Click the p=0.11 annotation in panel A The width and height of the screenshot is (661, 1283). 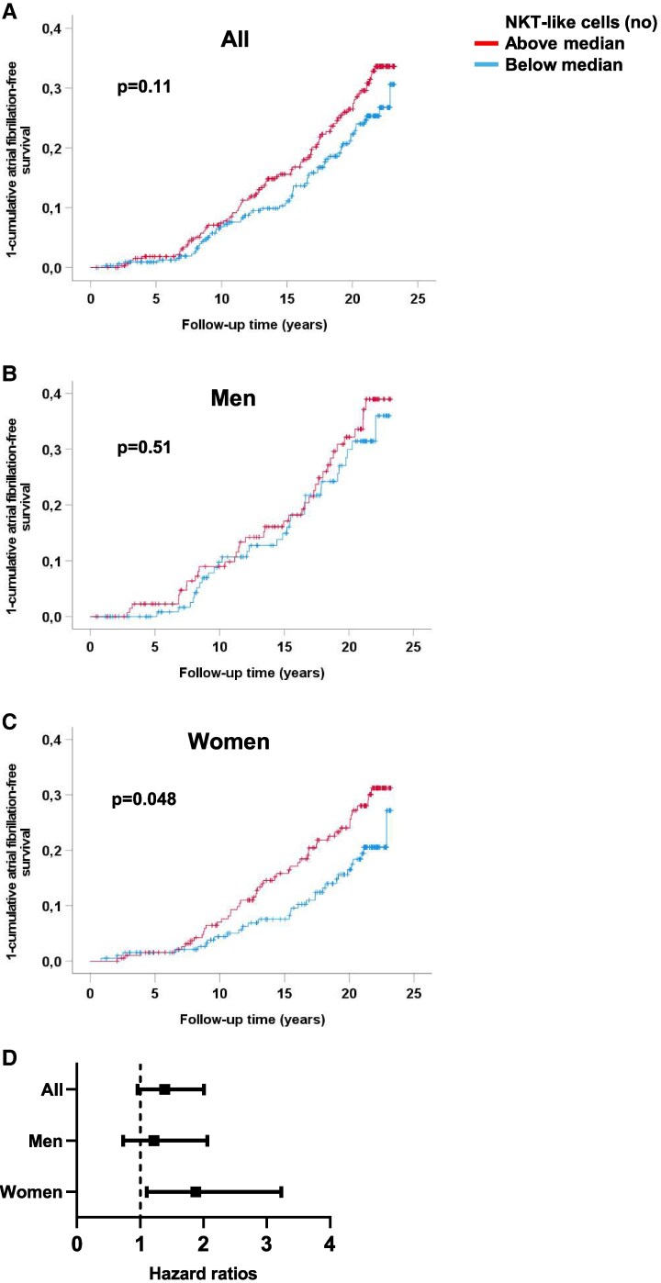tap(146, 88)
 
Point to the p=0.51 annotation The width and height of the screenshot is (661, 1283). tap(146, 449)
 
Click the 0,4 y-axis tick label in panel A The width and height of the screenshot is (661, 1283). tap(53, 29)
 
